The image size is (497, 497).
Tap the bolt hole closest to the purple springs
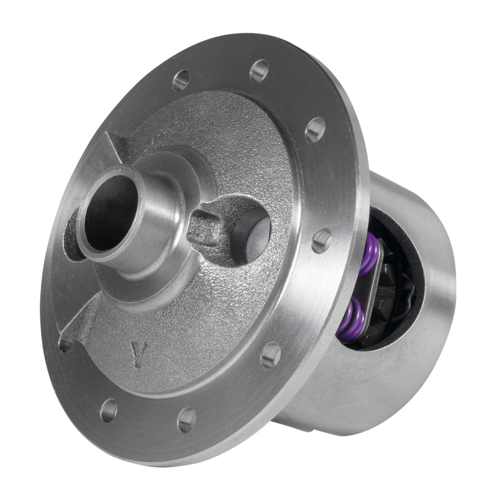[321, 240]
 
